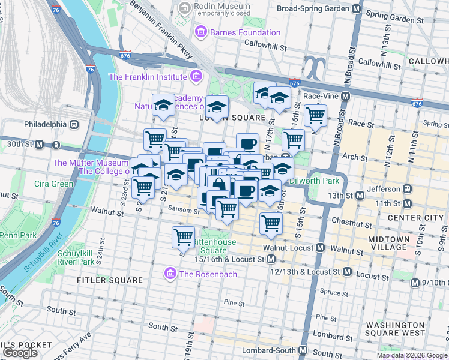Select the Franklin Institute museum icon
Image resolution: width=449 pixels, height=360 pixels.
195,77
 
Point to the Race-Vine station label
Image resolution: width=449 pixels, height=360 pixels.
321,96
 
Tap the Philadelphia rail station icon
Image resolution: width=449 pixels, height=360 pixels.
74,124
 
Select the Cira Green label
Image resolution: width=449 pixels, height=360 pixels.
53,184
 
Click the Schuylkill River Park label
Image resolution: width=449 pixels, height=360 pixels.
76,257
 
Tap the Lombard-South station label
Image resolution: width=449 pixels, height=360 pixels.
270,350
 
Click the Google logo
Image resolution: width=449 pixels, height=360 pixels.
20,353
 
